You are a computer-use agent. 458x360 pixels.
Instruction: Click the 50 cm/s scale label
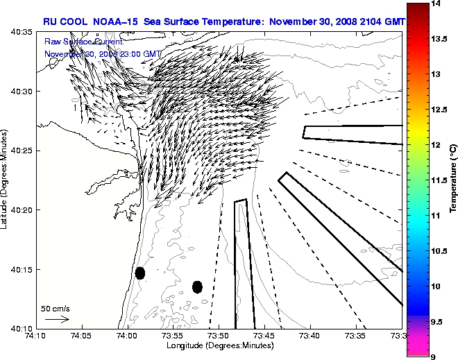(56, 309)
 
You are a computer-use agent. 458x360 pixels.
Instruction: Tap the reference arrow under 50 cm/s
(56, 319)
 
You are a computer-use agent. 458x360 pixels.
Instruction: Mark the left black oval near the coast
(140, 273)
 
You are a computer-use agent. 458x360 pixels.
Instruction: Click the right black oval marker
(197, 286)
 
